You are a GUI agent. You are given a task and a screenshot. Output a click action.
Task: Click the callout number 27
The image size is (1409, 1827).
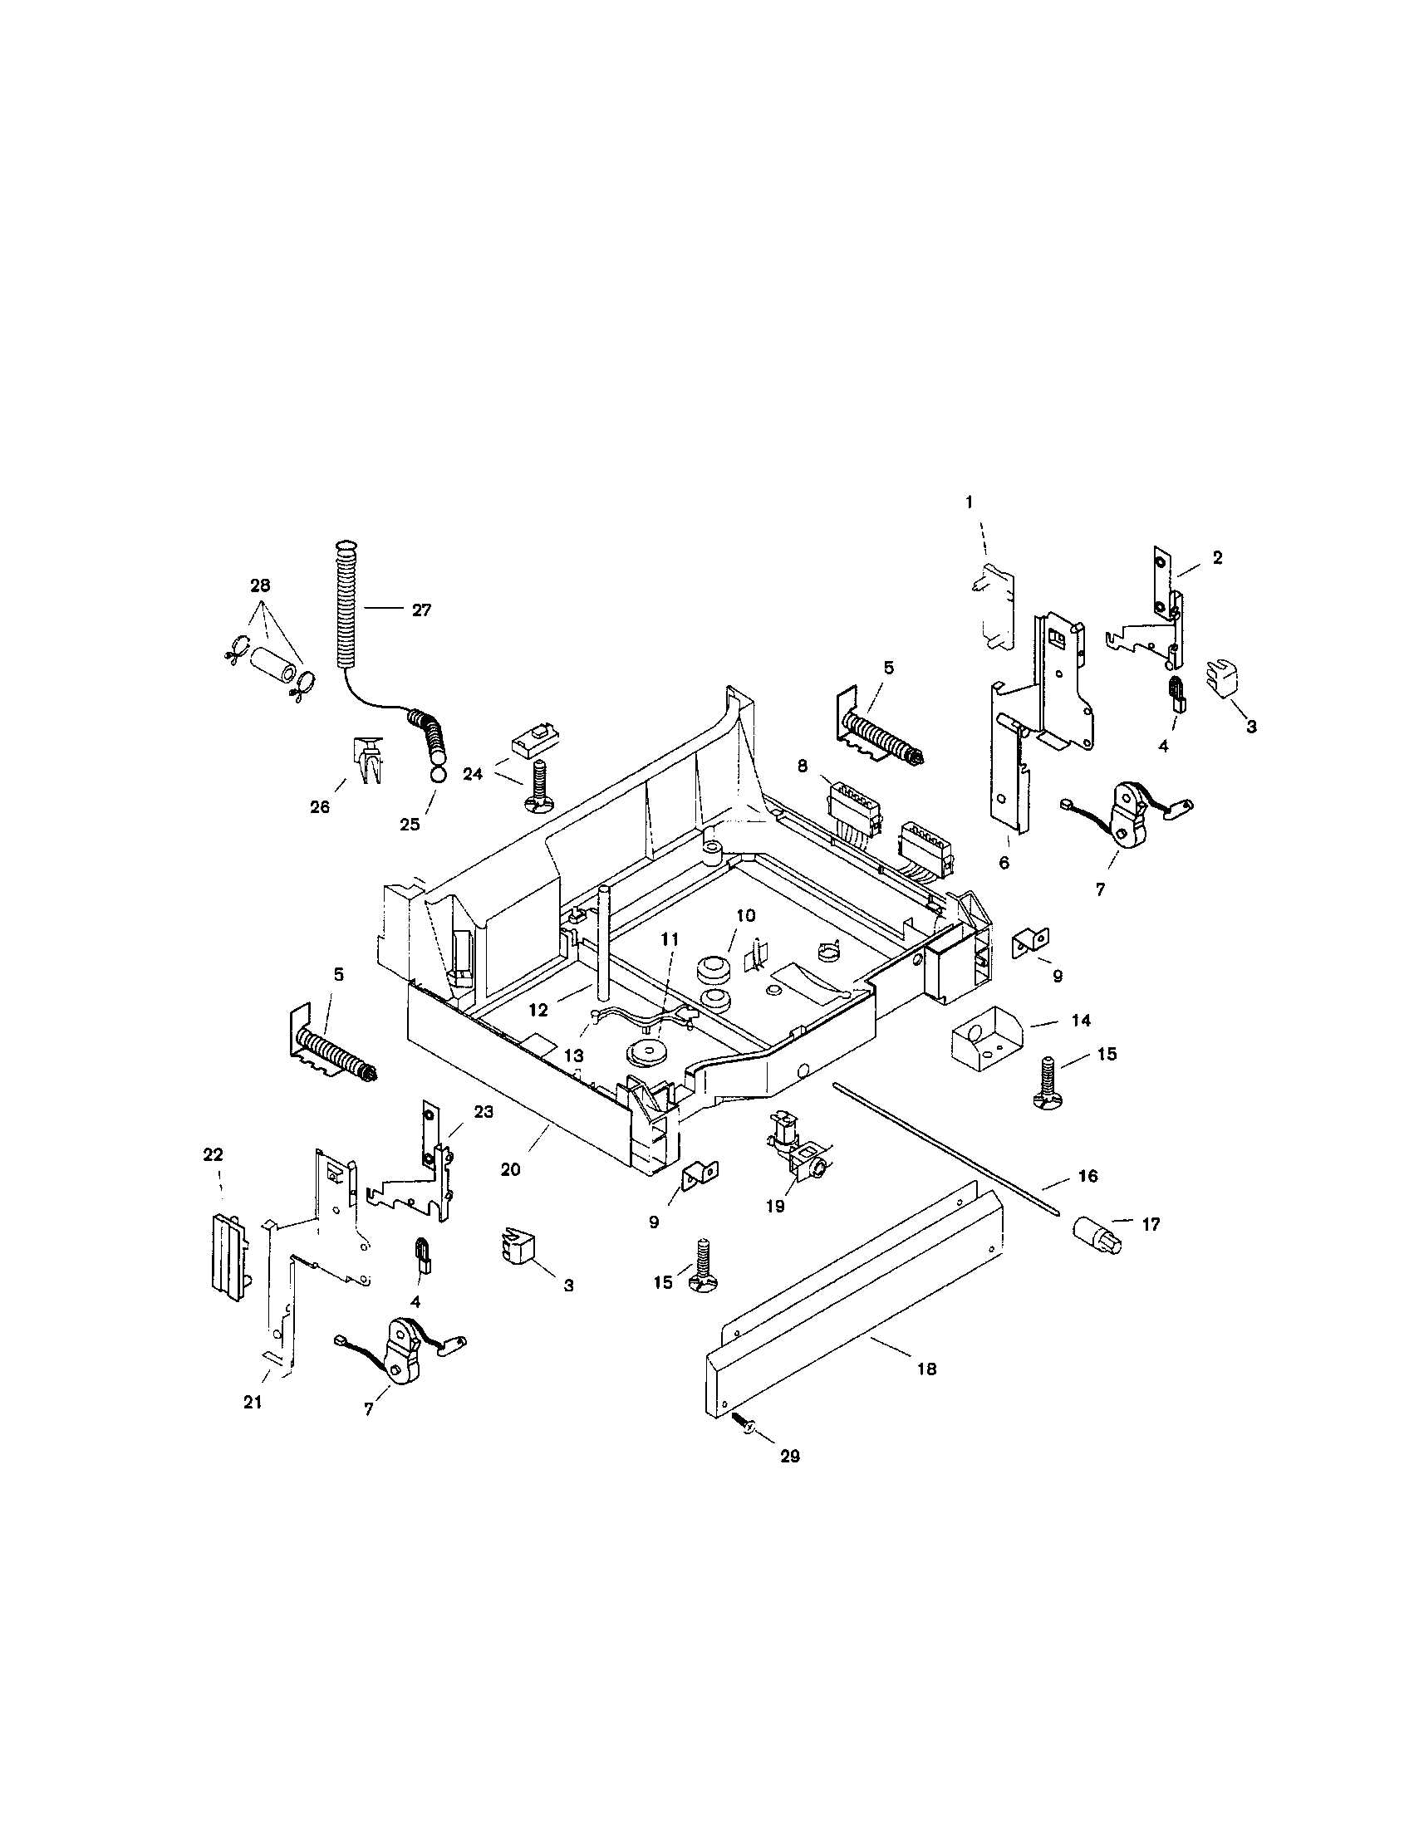(422, 610)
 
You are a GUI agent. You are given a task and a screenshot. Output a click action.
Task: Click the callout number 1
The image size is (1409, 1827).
(969, 502)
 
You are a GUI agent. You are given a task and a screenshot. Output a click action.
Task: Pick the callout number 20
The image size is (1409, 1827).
(510, 1169)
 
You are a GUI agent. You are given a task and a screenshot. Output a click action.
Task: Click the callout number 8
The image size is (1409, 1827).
(803, 764)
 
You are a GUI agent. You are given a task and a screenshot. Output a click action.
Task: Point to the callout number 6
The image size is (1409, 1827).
(1004, 863)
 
